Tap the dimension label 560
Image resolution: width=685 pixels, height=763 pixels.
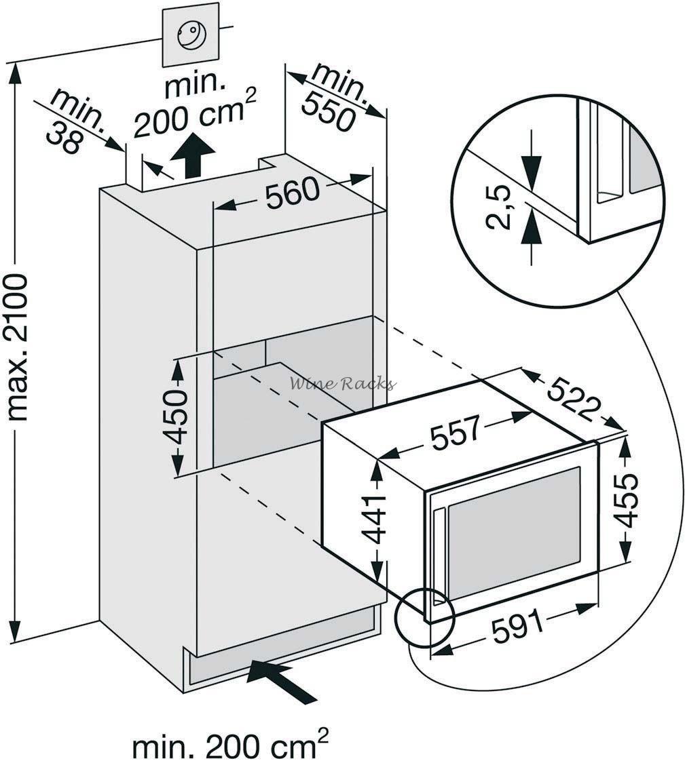293,194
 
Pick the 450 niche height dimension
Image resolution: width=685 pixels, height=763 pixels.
178,416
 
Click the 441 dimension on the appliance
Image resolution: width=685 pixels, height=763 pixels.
374,520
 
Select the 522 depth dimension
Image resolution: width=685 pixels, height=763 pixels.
574,399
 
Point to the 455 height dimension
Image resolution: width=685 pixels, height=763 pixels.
625,501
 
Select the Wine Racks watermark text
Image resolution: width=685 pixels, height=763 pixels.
342,384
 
